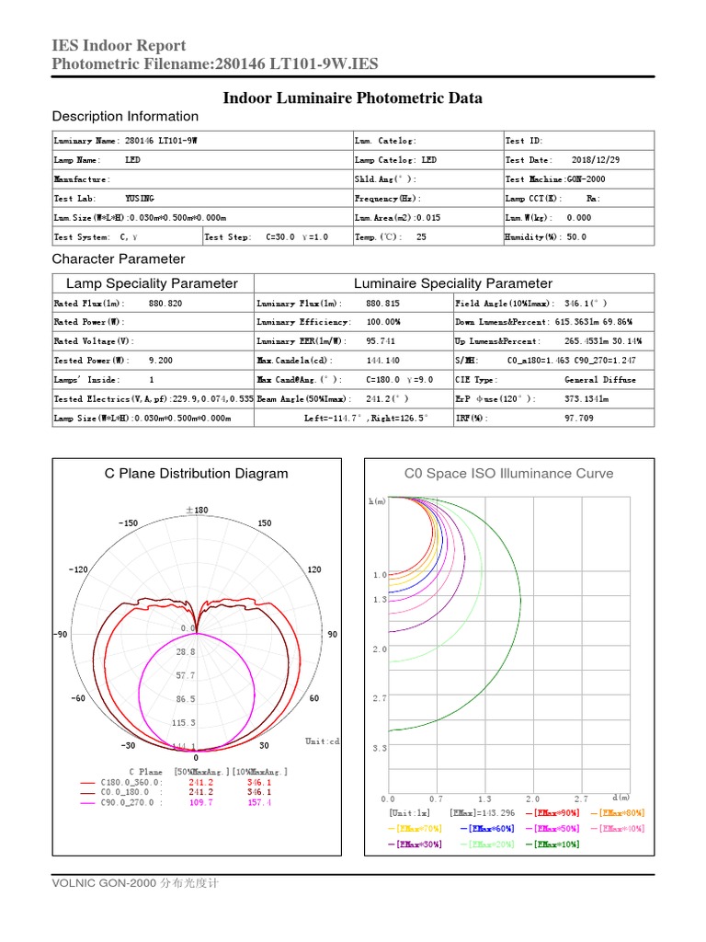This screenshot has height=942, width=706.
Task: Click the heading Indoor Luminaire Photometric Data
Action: tap(353, 98)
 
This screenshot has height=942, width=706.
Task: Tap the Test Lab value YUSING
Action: tap(140, 198)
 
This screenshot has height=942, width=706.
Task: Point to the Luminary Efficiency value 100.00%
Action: tap(385, 322)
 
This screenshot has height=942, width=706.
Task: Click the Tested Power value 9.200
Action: tap(160, 361)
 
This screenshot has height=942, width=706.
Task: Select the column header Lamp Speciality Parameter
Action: tap(152, 283)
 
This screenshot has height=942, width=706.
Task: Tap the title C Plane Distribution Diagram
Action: tap(196, 474)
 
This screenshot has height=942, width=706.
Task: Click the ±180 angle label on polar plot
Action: tap(196, 510)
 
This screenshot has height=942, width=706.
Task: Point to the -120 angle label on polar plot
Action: tap(78, 569)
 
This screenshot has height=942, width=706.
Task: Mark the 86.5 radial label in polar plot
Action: tap(187, 700)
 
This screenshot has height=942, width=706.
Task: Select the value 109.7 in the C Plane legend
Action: tap(200, 803)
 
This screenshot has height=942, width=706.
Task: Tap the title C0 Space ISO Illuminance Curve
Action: tap(508, 474)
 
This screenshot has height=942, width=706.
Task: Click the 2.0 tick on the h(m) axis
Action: tap(380, 649)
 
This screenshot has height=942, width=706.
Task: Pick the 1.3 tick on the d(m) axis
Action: tap(484, 799)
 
